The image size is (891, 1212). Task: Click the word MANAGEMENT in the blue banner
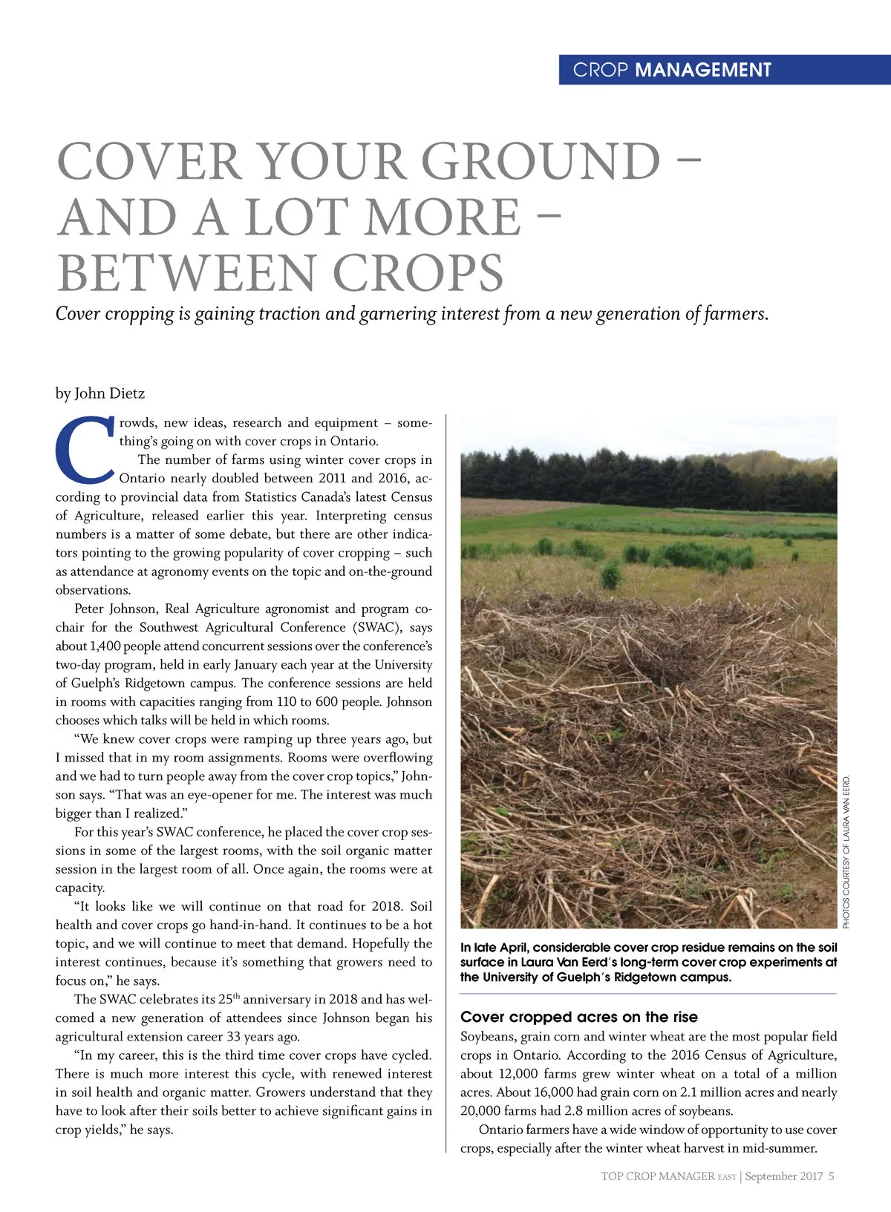point(703,70)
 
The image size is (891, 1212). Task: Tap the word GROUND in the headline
point(541,162)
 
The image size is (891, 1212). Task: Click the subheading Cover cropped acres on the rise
point(579,1017)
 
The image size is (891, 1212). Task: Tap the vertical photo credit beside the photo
point(846,851)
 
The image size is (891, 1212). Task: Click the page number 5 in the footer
point(832,1176)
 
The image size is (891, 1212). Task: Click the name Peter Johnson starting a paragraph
point(114,609)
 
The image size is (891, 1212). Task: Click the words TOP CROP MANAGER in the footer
point(657,1176)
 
